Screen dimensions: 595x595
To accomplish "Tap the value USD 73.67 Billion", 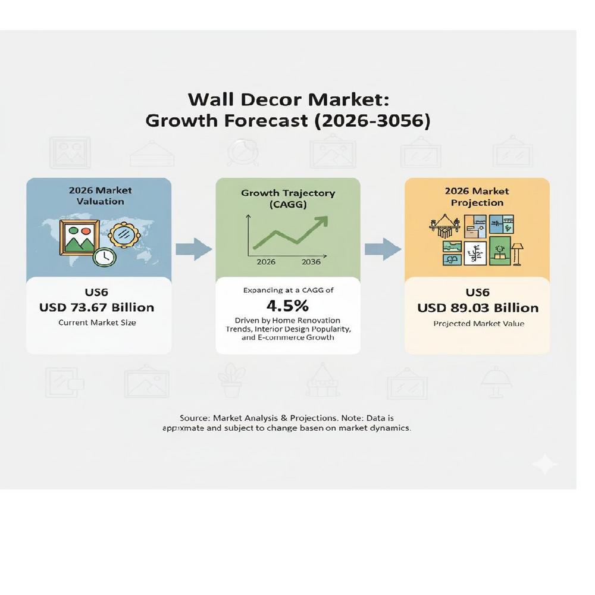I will click(x=96, y=307).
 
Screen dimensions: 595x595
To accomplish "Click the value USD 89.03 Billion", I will click(x=478, y=308).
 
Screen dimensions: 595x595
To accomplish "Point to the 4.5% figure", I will click(x=287, y=306).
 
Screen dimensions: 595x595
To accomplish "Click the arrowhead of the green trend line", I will click(x=321, y=221).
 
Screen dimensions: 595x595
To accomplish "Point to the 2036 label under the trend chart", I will click(x=311, y=262).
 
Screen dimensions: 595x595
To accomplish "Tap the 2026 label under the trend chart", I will click(x=265, y=262).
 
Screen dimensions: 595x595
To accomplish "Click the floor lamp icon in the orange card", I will click(x=516, y=252).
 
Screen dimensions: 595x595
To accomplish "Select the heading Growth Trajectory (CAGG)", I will click(x=288, y=199).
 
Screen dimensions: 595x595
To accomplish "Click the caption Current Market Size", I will click(x=96, y=323).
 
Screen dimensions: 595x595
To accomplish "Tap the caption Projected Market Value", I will click(x=478, y=324).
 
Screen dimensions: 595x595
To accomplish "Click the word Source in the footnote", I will click(x=194, y=418).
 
